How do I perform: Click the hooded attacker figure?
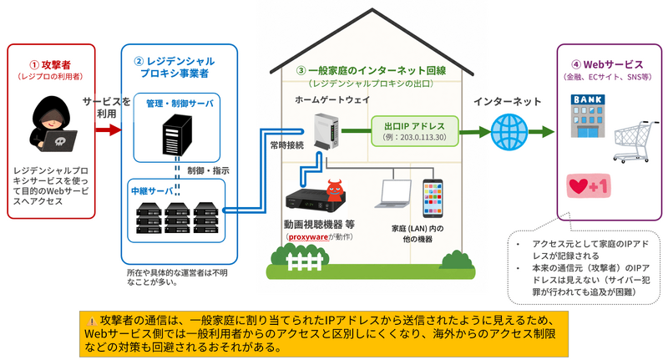[x=53, y=124]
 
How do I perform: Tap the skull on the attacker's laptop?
[x=61, y=140]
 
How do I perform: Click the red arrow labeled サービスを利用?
[x=109, y=129]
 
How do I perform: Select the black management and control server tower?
[x=177, y=135]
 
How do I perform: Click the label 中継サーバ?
[x=152, y=191]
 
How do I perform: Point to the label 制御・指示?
[x=208, y=171]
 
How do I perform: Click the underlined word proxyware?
[x=308, y=237]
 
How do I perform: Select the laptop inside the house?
[x=392, y=194]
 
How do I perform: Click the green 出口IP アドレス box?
[x=414, y=131]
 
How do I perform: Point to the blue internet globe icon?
[x=509, y=132]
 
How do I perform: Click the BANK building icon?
[x=588, y=116]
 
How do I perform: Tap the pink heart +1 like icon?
[x=589, y=185]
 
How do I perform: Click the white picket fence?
[x=304, y=261]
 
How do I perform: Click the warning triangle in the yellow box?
[x=92, y=322]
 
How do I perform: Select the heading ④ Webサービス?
[x=607, y=65]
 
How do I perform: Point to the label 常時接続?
[x=287, y=145]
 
